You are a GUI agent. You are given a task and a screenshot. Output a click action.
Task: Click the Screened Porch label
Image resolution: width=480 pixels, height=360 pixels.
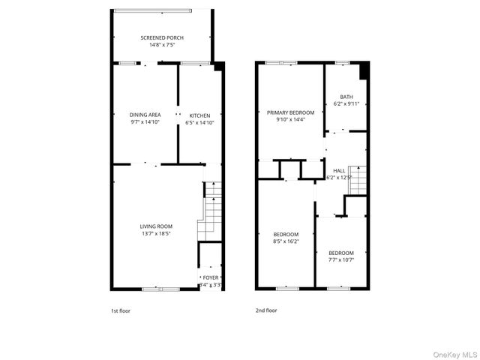pyautogui.click(x=162, y=37)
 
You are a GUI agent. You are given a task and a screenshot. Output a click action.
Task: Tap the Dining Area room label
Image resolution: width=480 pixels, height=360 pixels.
pyautogui.click(x=145, y=115)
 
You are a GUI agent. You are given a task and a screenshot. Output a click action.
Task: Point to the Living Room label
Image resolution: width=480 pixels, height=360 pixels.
pyautogui.click(x=156, y=226)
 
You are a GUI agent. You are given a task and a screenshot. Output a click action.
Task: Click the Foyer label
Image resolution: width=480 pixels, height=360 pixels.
pyautogui.click(x=211, y=278)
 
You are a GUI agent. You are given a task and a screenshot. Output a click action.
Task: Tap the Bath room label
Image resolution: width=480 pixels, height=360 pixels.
pyautogui.click(x=346, y=97)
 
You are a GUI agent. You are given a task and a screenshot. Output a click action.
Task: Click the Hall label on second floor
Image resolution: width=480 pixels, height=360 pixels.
pyautogui.click(x=340, y=170)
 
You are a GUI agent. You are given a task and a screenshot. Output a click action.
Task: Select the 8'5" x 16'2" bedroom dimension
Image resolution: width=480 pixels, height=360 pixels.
pyautogui.click(x=285, y=241)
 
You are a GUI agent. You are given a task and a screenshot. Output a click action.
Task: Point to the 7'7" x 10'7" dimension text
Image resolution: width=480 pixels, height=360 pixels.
pyautogui.click(x=341, y=260)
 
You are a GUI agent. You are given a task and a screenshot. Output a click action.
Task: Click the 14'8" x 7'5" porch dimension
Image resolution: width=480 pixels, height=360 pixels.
pyautogui.click(x=162, y=45)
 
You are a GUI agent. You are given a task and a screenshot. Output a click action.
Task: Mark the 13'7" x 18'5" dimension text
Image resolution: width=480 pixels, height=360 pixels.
pyautogui.click(x=156, y=234)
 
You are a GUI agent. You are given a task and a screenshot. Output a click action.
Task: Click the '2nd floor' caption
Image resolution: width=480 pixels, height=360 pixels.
pyautogui.click(x=266, y=310)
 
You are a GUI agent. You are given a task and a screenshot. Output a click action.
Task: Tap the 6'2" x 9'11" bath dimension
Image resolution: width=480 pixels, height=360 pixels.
pyautogui.click(x=346, y=104)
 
